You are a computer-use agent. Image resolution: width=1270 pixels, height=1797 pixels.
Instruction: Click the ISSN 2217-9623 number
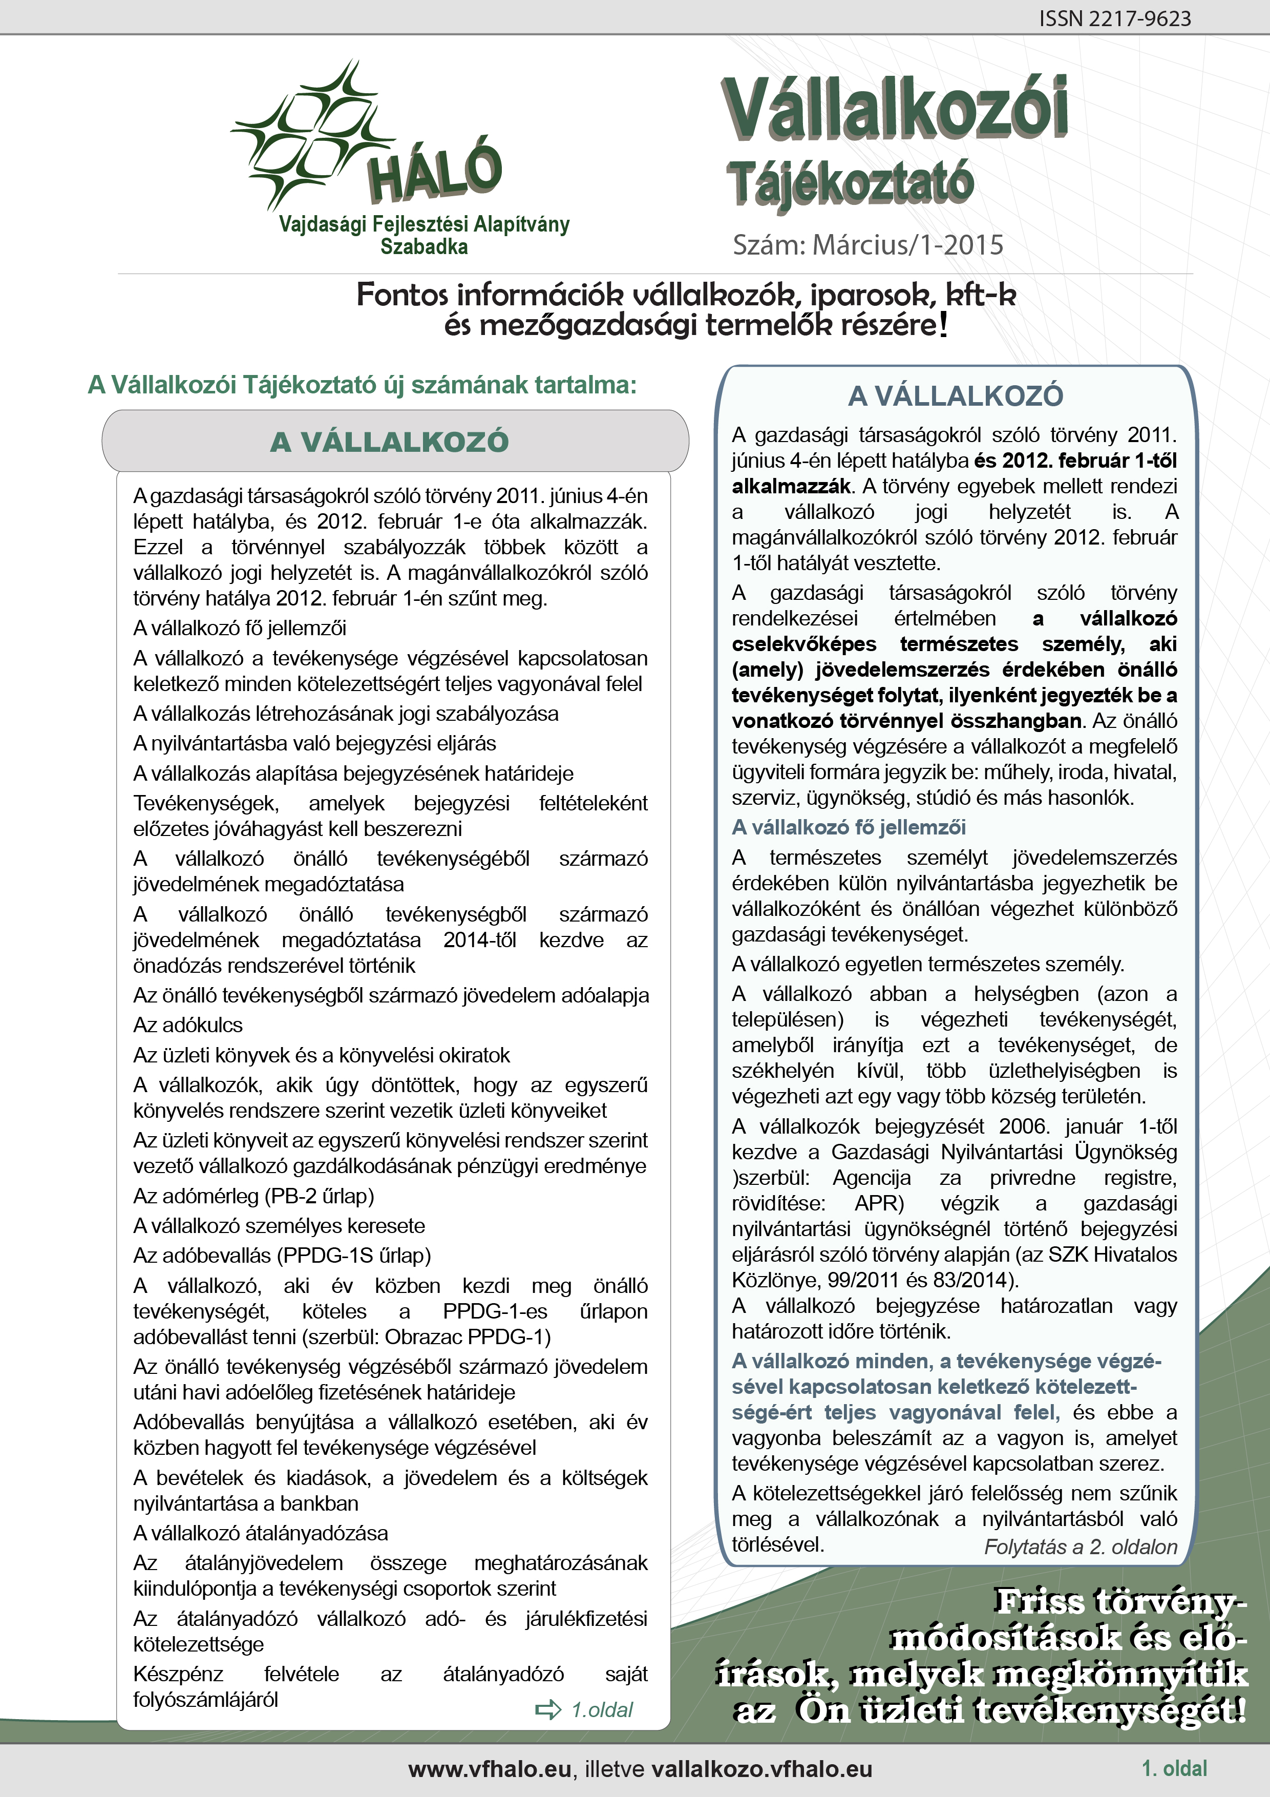(1114, 19)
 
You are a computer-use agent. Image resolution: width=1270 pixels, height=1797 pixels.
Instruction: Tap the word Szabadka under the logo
(424, 247)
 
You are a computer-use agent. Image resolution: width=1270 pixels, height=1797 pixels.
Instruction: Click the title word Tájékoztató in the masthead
(851, 185)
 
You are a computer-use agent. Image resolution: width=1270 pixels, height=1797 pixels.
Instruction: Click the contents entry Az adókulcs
(188, 1026)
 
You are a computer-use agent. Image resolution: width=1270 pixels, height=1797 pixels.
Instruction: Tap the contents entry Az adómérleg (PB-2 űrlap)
(253, 1196)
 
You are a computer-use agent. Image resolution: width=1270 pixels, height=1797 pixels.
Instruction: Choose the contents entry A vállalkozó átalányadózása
(261, 1533)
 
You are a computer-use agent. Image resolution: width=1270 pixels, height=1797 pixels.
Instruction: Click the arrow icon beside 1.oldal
(548, 1709)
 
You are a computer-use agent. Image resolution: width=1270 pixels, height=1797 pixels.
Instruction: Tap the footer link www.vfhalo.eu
(490, 1770)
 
